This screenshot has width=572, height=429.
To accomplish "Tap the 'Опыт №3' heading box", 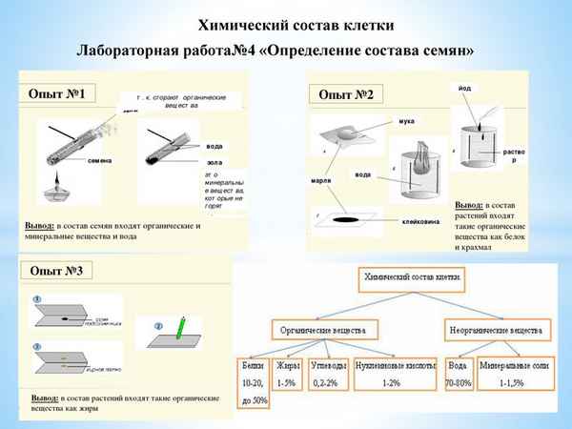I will click(58, 272).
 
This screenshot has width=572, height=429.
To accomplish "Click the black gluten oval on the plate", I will click(349, 220).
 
